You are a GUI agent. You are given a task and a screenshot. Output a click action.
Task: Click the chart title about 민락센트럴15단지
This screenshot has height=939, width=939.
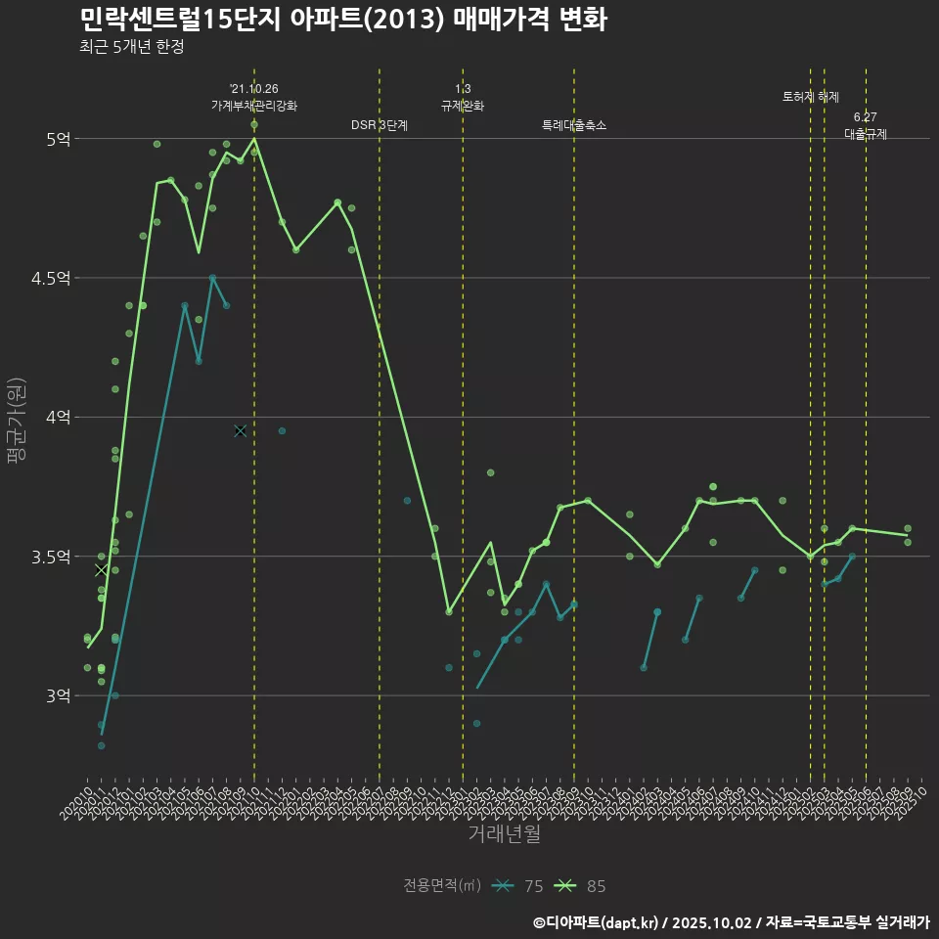[342, 20]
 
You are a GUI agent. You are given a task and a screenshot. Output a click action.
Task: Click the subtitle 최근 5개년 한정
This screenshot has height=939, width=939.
[131, 46]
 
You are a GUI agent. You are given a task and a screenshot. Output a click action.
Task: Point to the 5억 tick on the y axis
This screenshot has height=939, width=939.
[57, 139]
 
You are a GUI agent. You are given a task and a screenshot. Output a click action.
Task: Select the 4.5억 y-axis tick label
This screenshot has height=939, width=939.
[51, 279]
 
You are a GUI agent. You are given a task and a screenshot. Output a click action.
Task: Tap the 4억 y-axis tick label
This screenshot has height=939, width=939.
[57, 418]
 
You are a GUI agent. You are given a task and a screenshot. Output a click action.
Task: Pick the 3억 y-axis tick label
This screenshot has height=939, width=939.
[57, 696]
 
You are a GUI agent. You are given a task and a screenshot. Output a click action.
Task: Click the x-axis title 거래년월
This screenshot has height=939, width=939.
[504, 834]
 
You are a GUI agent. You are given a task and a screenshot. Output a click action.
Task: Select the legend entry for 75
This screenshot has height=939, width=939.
[518, 886]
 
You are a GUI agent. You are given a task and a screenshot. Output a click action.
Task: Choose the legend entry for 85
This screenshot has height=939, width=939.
[581, 886]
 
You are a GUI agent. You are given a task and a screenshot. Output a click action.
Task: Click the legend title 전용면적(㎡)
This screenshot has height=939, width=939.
[442, 886]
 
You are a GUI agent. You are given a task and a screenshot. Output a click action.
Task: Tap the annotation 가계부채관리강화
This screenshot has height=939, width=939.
[254, 106]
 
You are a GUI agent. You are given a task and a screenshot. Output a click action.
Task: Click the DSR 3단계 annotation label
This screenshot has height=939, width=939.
[380, 125]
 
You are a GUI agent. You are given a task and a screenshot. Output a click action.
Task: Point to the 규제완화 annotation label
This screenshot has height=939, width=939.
[463, 106]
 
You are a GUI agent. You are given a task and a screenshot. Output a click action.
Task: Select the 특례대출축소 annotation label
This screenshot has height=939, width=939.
[574, 125]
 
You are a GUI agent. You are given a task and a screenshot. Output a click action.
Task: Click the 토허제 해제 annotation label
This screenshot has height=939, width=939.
[811, 97]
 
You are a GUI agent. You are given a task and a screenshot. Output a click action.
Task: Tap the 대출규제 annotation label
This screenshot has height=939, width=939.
[866, 135]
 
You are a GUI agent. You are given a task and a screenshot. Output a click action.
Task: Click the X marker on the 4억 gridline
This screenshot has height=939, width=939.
[241, 430]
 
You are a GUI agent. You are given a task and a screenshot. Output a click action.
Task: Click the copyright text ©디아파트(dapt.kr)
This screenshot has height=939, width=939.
[598, 922]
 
